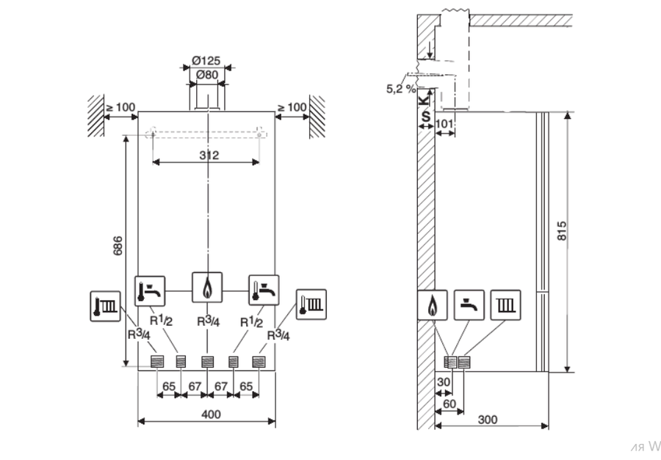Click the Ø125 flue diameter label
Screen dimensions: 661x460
pos(206,61)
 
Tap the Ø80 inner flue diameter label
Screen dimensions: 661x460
pos(207,75)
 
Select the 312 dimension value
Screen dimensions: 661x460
pos(209,156)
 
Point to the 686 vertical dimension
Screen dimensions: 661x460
pos(118,246)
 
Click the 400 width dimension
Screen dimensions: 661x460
pos(211,415)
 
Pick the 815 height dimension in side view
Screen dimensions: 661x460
pos(562,231)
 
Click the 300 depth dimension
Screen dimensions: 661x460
pos(488,420)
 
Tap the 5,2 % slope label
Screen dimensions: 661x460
pos(401,89)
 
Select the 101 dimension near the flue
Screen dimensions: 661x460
pos(444,123)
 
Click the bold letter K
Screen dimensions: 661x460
pos(424,100)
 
